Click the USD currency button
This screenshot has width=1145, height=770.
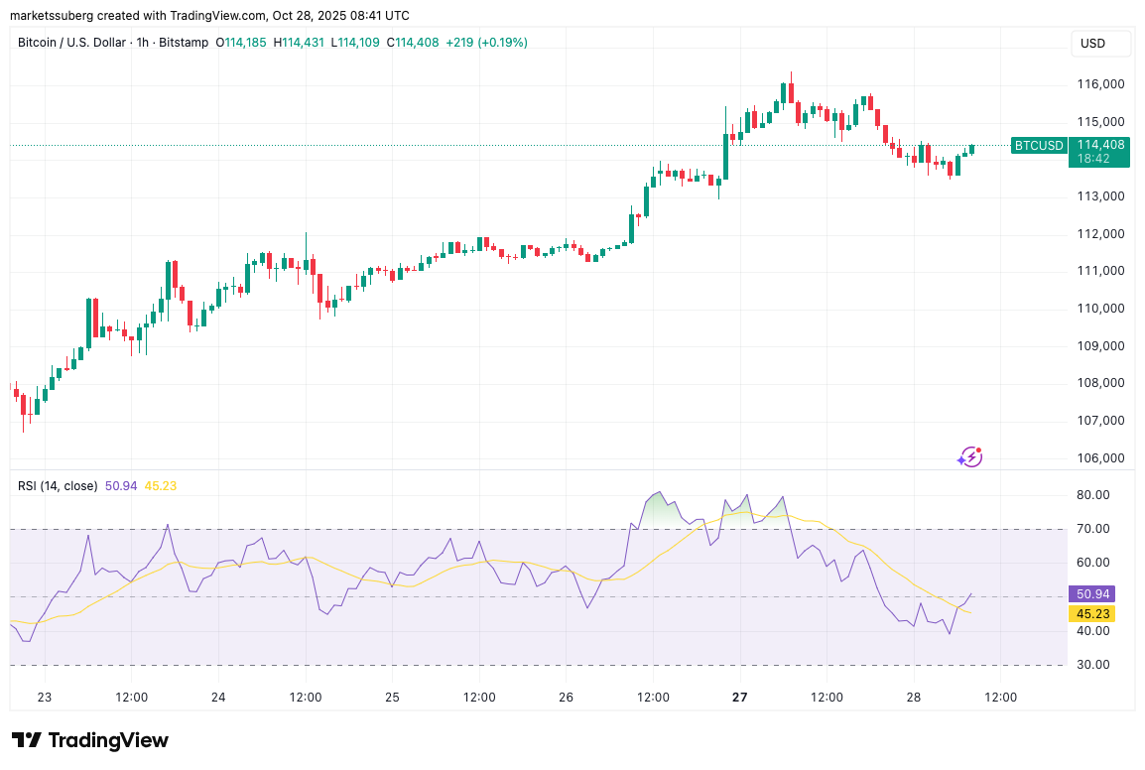pos(1092,44)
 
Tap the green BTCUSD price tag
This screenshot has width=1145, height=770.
pos(1038,146)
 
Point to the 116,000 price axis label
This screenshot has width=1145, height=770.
pos(1101,84)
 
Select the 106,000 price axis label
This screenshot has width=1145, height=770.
pos(1101,458)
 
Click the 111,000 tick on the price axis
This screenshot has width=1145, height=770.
pos(1101,271)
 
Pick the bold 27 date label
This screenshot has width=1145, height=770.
pos(740,697)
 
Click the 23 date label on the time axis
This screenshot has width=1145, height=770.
pos(45,697)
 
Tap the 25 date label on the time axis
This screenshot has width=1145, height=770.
pos(392,697)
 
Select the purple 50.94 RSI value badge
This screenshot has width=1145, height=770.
pos(1091,594)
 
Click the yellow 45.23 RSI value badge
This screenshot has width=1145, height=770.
pos(1091,613)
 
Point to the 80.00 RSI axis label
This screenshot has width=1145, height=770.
pos(1092,495)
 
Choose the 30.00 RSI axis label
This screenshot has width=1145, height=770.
pos(1092,665)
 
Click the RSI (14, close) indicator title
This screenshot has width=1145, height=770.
pos(58,486)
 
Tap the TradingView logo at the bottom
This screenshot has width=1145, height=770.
pos(89,740)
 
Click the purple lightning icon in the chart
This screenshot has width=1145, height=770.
pos(969,456)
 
